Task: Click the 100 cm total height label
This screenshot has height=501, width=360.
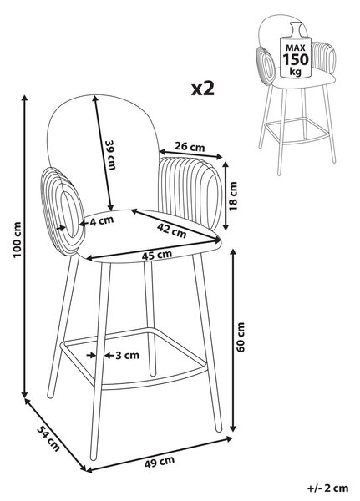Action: click(17, 240)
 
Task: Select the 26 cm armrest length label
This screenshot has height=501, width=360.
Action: click(190, 147)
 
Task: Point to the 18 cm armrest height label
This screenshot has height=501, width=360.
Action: click(233, 196)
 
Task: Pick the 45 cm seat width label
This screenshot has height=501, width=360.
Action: click(157, 255)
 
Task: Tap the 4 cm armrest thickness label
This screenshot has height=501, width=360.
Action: click(102, 220)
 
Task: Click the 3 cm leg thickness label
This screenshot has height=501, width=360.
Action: click(127, 355)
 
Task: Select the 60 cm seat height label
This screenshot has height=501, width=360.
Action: click(241, 337)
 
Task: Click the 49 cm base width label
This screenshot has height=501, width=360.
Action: click(160, 462)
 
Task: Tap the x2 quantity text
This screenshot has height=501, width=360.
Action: click(203, 89)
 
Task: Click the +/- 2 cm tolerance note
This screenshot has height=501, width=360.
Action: click(328, 488)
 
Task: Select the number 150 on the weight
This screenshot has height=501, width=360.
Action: click(296, 59)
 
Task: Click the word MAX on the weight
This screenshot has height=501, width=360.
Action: click(296, 48)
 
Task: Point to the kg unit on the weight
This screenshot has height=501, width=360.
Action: click(296, 71)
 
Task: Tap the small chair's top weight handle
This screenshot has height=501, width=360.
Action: click(296, 29)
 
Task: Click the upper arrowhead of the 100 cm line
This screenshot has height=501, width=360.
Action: click(24, 98)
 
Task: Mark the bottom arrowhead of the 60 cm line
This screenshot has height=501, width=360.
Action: click(233, 428)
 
